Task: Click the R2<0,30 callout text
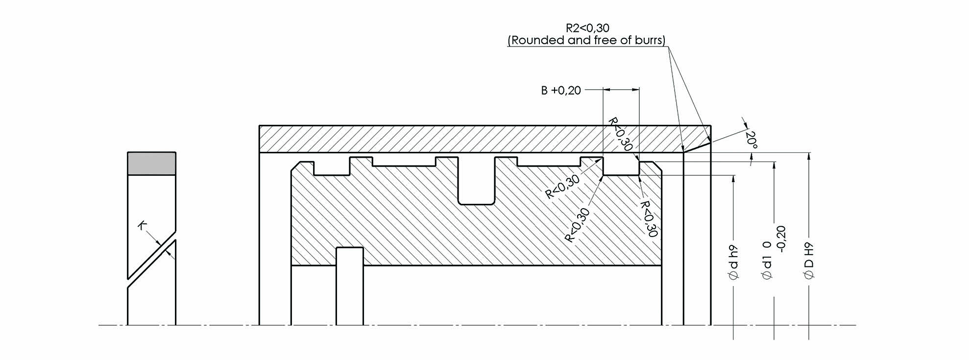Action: (x=587, y=28)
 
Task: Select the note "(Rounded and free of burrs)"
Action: (x=586, y=40)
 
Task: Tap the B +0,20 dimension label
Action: (x=561, y=91)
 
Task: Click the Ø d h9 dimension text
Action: (x=733, y=262)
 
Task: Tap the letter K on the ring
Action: (x=143, y=225)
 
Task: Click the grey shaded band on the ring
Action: (x=151, y=164)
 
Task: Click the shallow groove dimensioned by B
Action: (x=621, y=167)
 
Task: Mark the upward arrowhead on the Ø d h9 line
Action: (x=733, y=179)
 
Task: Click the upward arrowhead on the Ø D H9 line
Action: (x=809, y=157)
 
